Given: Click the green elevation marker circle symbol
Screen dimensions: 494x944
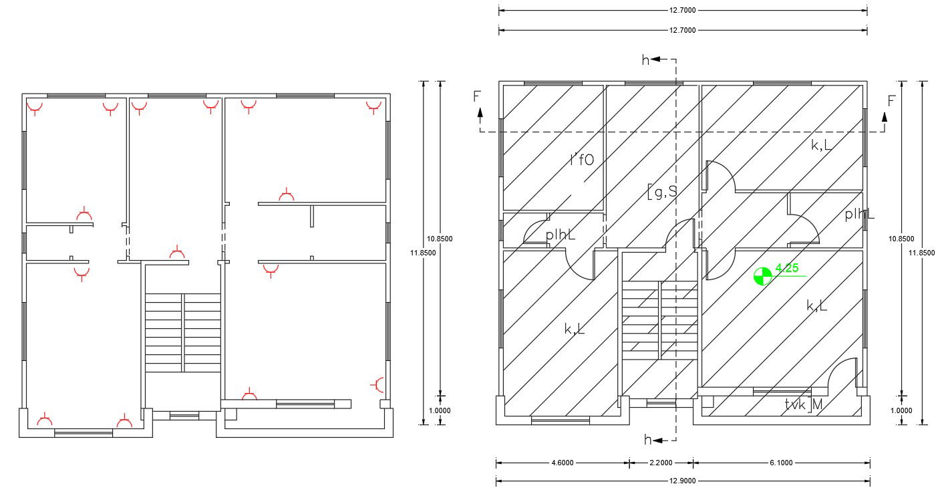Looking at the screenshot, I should [762, 275].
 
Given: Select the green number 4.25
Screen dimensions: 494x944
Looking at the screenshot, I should [787, 269].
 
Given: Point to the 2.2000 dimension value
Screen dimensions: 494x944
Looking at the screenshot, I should [661, 463].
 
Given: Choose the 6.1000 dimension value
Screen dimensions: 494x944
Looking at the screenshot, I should [781, 463].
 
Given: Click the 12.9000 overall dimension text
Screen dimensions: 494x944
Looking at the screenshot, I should [682, 481].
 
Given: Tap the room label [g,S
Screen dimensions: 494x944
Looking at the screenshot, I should [662, 193].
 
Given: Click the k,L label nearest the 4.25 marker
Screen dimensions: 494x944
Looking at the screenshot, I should [816, 306].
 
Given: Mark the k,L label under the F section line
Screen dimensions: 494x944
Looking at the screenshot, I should [821, 144].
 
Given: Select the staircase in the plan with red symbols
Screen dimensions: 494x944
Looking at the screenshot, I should [183, 332].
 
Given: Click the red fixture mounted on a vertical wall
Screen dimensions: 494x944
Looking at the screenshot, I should [379, 384].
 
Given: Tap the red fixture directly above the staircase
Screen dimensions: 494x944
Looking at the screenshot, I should [177, 253].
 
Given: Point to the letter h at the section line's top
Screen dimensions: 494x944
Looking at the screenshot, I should [645, 60].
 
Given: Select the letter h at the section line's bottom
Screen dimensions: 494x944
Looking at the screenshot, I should [647, 440].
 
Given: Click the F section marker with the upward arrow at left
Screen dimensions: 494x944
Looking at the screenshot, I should [477, 97].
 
